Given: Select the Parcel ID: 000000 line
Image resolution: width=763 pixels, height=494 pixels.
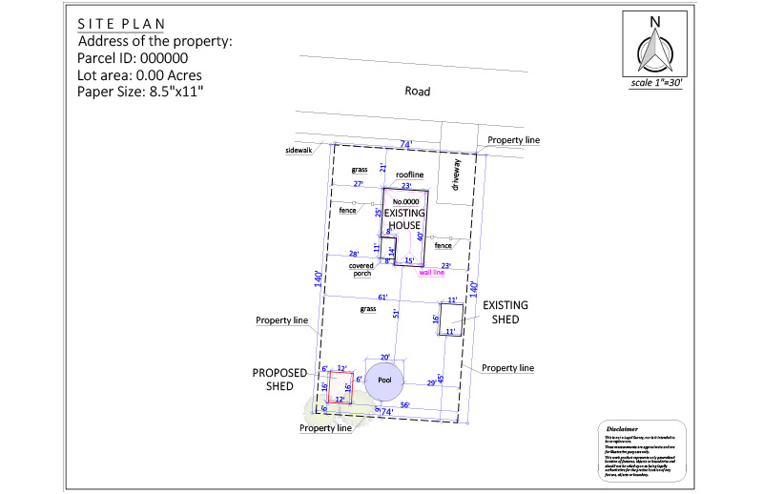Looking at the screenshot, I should (x=139, y=58).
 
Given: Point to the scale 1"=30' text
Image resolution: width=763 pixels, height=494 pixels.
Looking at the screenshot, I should (x=655, y=83).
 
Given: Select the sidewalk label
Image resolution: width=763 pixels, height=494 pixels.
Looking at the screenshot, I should (x=299, y=151).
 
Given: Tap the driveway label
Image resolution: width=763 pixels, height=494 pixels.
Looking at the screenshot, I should (x=456, y=176).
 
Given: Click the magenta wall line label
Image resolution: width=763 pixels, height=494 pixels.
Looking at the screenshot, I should (x=432, y=273).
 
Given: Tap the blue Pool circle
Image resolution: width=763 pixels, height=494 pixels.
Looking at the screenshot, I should (x=385, y=380).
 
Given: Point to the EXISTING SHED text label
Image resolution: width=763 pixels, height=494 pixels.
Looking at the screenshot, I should (x=505, y=312).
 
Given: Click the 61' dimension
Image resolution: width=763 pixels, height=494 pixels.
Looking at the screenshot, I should (x=382, y=298).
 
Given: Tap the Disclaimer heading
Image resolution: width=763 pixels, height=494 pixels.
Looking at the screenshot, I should (x=622, y=430).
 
